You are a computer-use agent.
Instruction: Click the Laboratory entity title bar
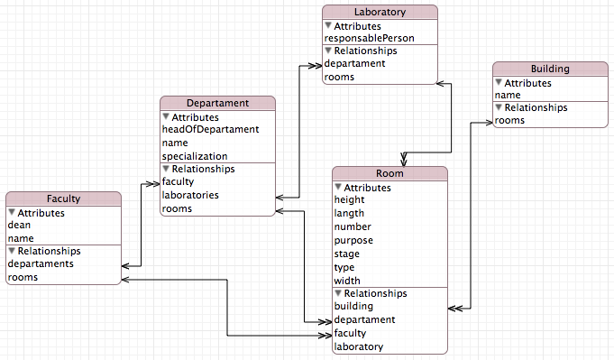tap(380, 13)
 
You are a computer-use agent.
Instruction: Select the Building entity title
tap(550, 69)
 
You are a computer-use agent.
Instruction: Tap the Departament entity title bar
tap(217, 103)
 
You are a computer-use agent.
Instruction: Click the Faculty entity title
tap(63, 198)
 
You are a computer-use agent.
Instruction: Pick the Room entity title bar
tap(389, 173)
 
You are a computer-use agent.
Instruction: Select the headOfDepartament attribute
tap(210, 129)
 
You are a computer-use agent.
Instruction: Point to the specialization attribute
tap(194, 156)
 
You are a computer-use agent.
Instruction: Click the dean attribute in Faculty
tap(20, 225)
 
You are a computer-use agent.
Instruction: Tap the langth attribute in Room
tap(351, 214)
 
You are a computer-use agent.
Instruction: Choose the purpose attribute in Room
tap(353, 241)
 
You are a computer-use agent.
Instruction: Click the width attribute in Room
tap(347, 281)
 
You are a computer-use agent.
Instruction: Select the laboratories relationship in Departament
tap(189, 195)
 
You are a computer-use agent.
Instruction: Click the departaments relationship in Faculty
tap(41, 264)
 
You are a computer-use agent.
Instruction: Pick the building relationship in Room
tap(353, 307)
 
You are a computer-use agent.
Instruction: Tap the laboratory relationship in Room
tap(358, 346)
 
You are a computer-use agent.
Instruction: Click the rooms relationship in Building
tap(509, 121)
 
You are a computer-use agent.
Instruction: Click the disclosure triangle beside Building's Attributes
tap(498, 82)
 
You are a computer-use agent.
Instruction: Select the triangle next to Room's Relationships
tap(338, 293)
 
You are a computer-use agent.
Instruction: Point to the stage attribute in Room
tap(347, 254)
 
